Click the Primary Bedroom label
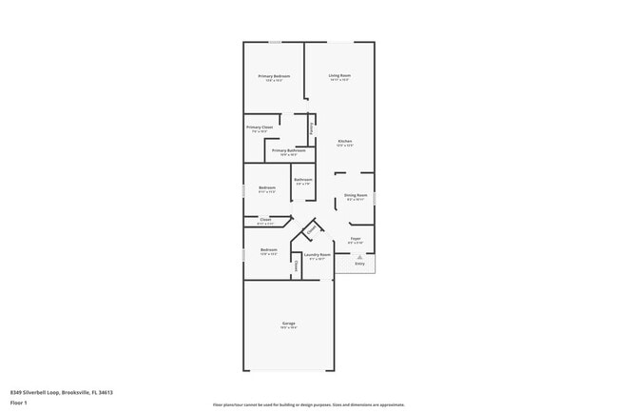tap(274, 76)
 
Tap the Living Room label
tap(339, 75)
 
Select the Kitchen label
tap(344, 141)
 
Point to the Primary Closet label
tap(260, 128)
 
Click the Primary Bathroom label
tap(288, 150)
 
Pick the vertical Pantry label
tap(310, 128)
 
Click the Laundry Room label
tap(318, 254)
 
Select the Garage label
tap(288, 324)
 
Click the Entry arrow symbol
tap(359, 257)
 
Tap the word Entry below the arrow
tap(359, 264)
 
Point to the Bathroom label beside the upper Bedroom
tap(303, 180)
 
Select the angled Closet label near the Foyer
tap(311, 229)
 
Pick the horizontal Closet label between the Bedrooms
tap(265, 220)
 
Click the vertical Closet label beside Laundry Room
tap(297, 267)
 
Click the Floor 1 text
tap(19, 403)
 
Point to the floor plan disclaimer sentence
tap(309, 403)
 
